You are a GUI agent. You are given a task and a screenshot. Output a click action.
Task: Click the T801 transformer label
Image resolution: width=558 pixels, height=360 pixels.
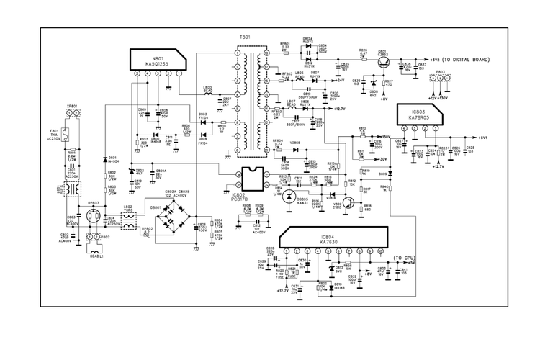245,36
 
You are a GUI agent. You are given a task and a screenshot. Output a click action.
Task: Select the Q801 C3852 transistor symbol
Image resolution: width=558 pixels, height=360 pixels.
383,63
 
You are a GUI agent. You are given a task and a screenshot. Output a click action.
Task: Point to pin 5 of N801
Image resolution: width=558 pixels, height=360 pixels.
137,74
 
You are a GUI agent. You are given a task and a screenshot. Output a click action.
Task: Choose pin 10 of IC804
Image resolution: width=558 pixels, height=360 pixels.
381,250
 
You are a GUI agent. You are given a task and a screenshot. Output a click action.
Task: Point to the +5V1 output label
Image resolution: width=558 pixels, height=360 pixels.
482,137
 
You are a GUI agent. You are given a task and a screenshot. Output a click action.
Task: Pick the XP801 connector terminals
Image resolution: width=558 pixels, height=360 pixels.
72,114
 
